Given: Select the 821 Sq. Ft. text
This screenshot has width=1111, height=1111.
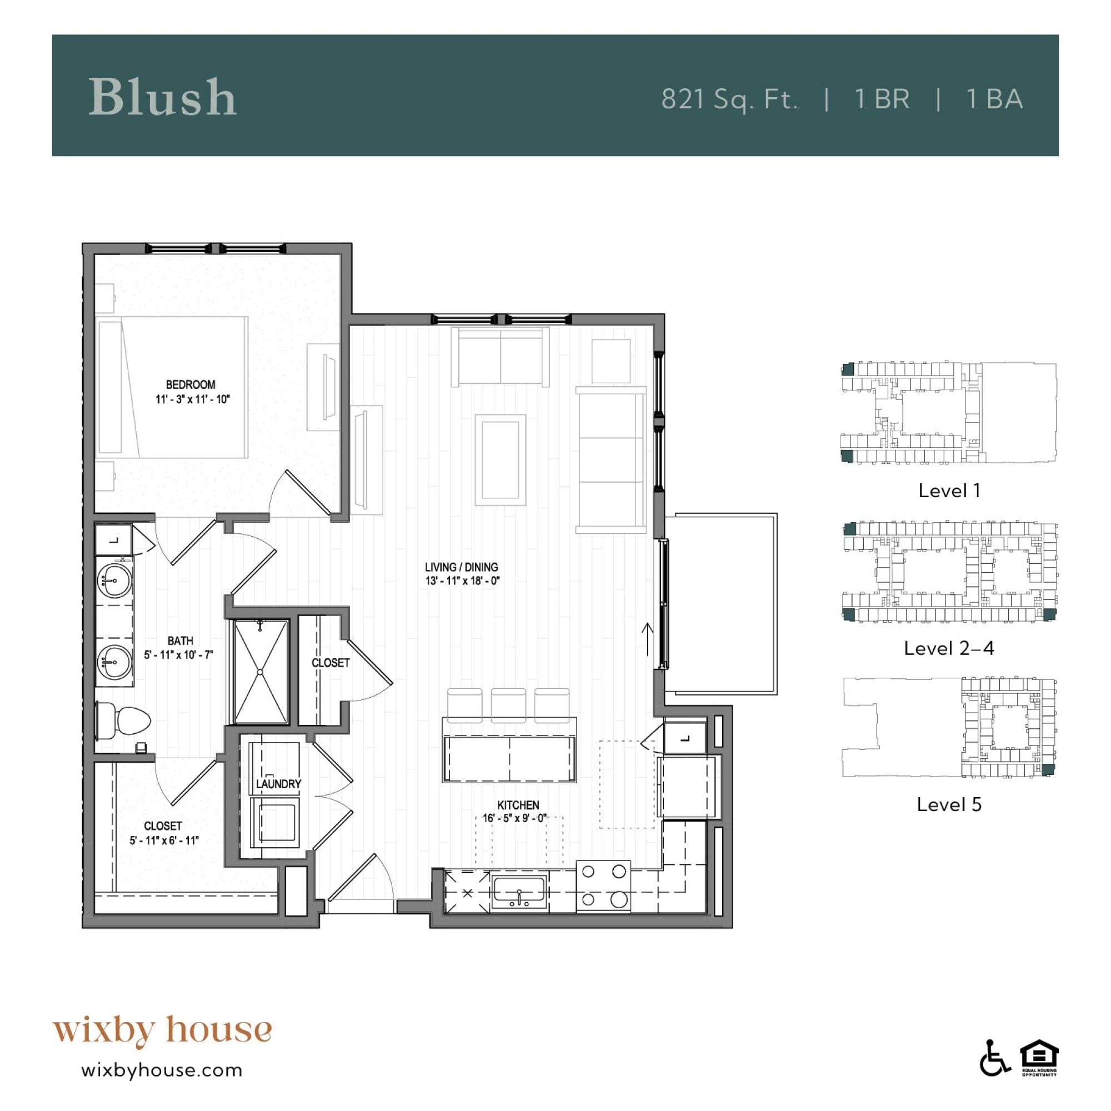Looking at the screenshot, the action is (729, 99).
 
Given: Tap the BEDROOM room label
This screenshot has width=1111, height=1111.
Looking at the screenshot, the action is (191, 385).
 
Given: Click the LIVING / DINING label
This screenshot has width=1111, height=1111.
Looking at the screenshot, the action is (461, 567).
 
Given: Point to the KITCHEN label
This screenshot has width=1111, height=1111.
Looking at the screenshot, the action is (518, 805).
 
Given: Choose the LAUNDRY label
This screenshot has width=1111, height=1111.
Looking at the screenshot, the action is (278, 784).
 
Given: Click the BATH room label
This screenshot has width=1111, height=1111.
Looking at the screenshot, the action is (180, 640).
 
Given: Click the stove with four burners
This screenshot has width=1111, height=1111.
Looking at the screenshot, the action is (603, 886).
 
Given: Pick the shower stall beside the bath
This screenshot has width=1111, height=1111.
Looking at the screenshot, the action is (261, 671).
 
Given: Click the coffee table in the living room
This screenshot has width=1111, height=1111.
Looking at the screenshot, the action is (500, 459).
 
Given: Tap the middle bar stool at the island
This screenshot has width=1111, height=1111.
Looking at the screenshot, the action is (508, 705).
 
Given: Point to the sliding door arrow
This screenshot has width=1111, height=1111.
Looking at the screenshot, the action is (648, 639).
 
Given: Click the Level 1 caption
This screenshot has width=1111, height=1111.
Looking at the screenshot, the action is (949, 491).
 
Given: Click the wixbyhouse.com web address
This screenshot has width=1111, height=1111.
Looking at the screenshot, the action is (162, 1070).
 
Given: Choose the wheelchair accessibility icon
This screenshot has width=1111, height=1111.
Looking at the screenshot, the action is (995, 1073).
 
